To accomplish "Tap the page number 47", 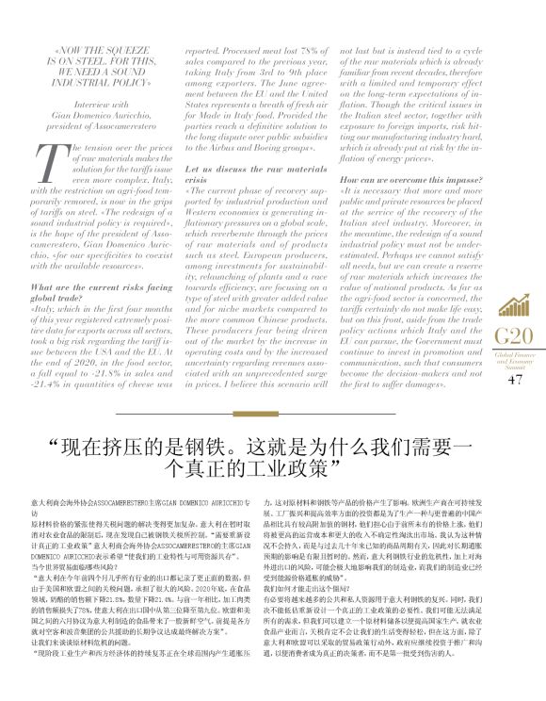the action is click(x=514, y=380).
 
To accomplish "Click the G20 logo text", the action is click(x=514, y=337).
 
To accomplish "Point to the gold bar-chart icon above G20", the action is click(x=514, y=303).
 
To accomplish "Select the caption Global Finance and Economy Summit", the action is click(x=514, y=362).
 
